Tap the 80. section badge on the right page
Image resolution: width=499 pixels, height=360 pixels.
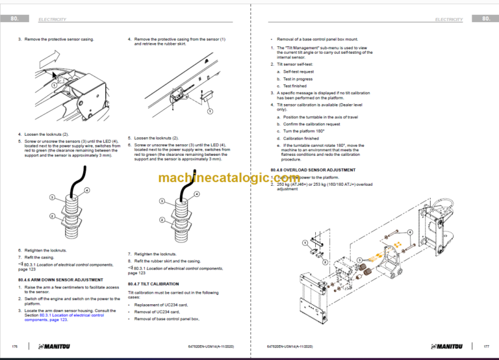click(485, 19)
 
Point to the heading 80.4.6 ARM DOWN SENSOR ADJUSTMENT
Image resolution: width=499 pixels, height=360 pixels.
click(58, 279)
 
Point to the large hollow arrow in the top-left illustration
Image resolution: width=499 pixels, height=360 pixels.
click(42, 64)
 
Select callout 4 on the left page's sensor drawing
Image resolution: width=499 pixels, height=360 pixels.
click(87, 189)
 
